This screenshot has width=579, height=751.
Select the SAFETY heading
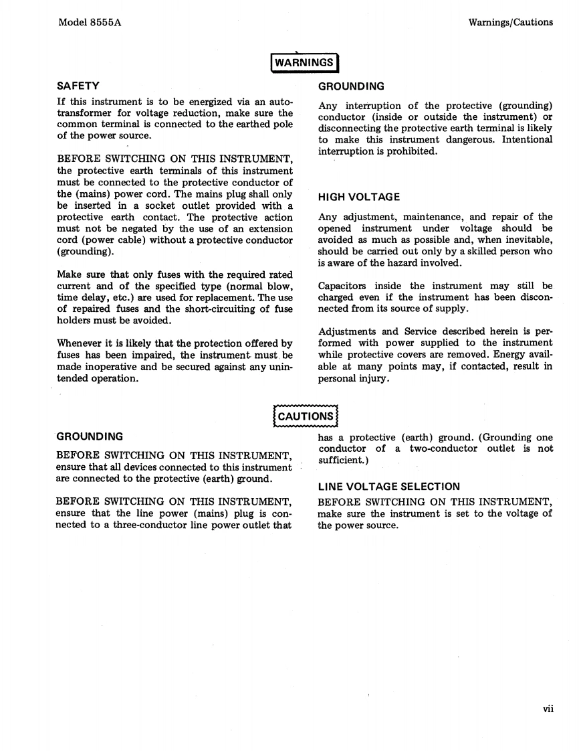pyautogui.click(x=78, y=86)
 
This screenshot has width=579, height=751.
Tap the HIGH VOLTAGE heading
pyautogui.click(x=359, y=197)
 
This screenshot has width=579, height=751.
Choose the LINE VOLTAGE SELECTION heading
pyautogui.click(x=389, y=487)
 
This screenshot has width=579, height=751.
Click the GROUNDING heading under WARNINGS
pyautogui.click(x=351, y=86)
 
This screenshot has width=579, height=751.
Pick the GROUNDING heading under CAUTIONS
pyautogui.click(x=90, y=436)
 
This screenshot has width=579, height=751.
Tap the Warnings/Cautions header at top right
pyautogui.click(x=511, y=22)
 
